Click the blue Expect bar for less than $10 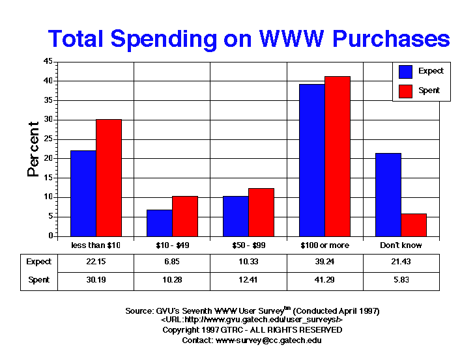[83, 193]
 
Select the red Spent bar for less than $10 [109, 178]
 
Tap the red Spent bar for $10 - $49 [185, 216]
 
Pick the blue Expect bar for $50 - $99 [236, 216]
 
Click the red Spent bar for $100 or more [338, 156]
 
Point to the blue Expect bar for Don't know [388, 195]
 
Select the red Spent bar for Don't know [414, 225]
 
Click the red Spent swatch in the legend [405, 90]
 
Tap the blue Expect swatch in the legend [405, 71]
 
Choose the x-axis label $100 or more [325, 245]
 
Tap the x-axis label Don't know [401, 245]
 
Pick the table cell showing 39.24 [325, 262]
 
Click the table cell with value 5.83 [401, 281]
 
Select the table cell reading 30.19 [96, 281]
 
